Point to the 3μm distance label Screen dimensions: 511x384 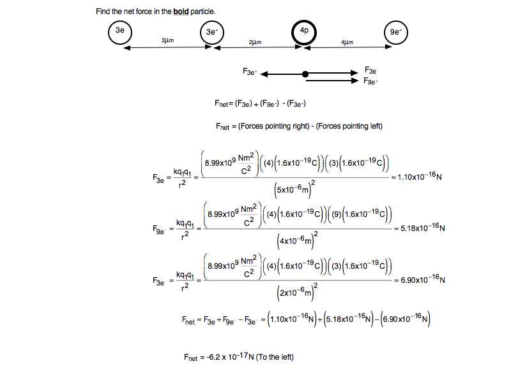click(167, 40)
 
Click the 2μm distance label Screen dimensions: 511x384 click(255, 42)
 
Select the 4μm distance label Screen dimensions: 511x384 click(347, 42)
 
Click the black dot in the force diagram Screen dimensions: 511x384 click(305, 74)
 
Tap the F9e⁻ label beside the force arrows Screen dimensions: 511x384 click(370, 81)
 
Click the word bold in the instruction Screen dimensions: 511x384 click(181, 12)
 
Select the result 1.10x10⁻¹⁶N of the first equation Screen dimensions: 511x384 click(419, 177)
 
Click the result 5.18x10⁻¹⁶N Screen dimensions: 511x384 click(422, 228)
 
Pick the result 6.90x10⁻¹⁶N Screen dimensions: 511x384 click(422, 279)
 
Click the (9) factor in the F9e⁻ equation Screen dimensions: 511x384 click(337, 214)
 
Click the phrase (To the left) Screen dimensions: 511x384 click(275, 357)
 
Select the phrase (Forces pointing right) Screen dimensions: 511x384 click(274, 126)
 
